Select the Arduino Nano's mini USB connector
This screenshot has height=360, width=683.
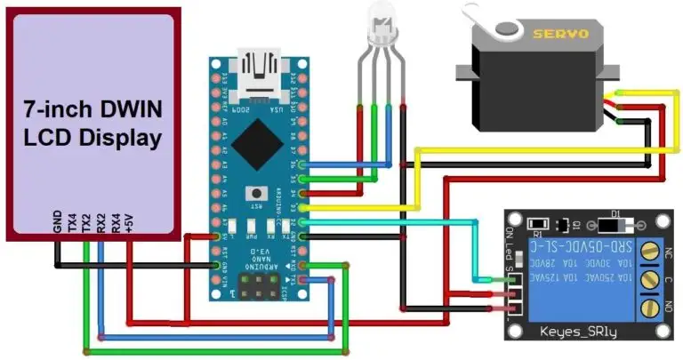coord(258,68)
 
